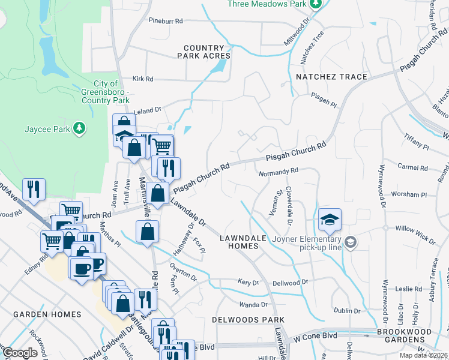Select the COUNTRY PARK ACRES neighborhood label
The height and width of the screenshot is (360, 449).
[204, 52]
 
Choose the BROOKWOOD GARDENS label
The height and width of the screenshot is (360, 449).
[412, 335]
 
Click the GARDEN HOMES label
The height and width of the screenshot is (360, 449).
[47, 314]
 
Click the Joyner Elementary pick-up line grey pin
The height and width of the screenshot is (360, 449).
[351, 242]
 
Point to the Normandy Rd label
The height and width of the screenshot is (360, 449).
[278, 172]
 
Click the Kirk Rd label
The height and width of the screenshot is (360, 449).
[143, 79]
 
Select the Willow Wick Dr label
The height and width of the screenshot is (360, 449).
[415, 234]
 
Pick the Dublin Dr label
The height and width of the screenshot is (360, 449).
[348, 311]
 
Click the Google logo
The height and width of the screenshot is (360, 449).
[20, 353]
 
